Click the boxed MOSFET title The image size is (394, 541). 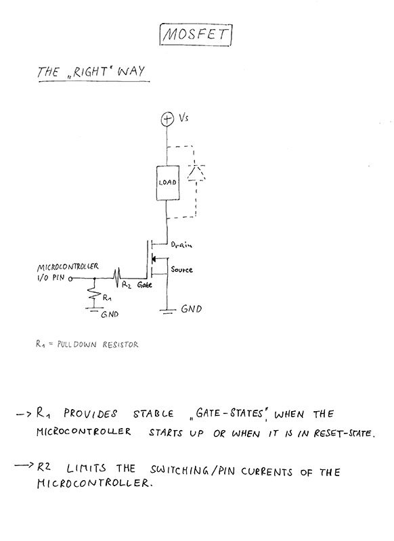coord(196,34)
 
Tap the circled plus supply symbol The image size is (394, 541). coord(167,120)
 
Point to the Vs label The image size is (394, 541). coord(183,118)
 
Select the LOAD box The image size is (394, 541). coord(167,183)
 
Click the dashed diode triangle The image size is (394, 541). coord(196,172)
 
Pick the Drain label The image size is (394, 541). coord(181,245)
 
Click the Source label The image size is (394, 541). coord(181,269)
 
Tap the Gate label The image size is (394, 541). coord(144,285)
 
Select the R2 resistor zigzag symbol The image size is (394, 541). coord(117,277)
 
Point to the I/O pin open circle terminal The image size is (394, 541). coord(70,279)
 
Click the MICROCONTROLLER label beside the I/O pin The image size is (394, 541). coord(68,267)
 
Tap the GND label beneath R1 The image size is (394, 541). coord(110,314)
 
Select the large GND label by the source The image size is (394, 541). coord(192,309)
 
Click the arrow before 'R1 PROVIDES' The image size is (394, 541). coord(25,414)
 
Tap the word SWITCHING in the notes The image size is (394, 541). coord(179,470)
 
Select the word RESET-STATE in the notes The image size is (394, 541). coord(345,433)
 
